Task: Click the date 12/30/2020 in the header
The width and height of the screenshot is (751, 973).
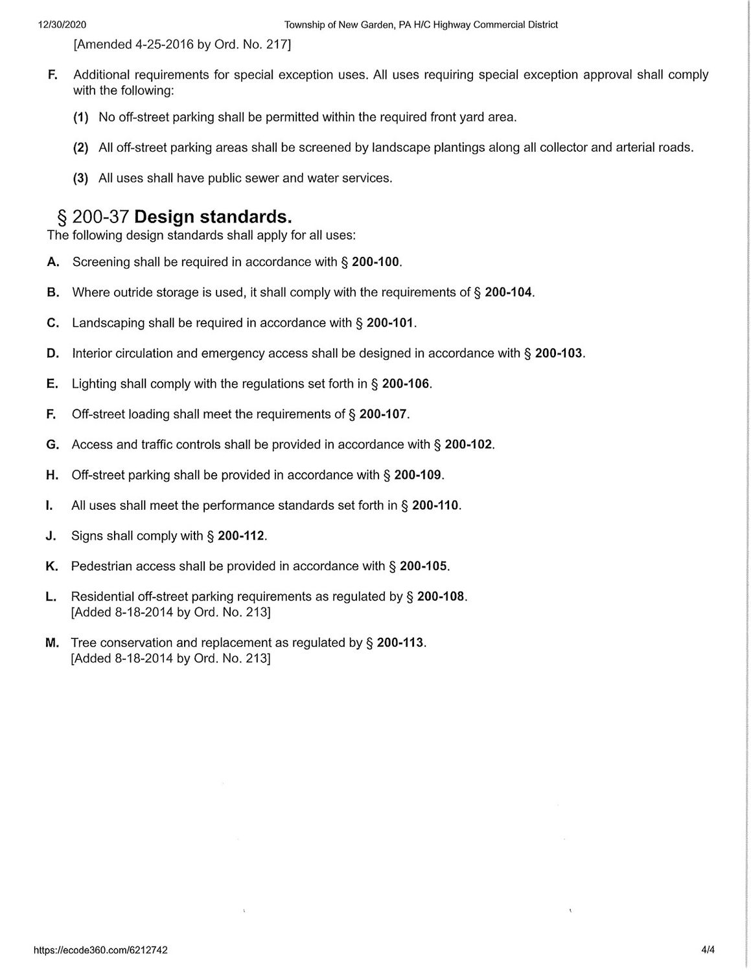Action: tap(62, 25)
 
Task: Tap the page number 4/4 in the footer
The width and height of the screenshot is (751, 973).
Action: tap(708, 950)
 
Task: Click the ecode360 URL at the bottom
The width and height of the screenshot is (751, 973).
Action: tap(100, 950)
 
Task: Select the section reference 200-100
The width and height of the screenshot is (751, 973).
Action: tap(376, 262)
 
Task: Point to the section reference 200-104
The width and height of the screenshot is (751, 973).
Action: tap(509, 293)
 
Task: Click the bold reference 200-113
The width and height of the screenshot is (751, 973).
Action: tap(400, 643)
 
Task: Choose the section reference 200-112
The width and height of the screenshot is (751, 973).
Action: tap(241, 536)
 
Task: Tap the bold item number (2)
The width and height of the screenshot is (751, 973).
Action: tap(80, 148)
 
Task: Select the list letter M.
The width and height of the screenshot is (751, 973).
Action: tap(52, 643)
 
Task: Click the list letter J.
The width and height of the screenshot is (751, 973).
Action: tap(51, 536)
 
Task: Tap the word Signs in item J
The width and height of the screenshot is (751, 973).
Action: tap(87, 536)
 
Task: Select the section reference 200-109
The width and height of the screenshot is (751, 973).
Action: tap(418, 475)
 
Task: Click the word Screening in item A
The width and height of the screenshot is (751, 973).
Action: tap(101, 262)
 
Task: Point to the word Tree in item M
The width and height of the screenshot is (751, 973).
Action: tap(82, 643)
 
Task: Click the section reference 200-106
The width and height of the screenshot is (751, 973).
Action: tap(406, 384)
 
